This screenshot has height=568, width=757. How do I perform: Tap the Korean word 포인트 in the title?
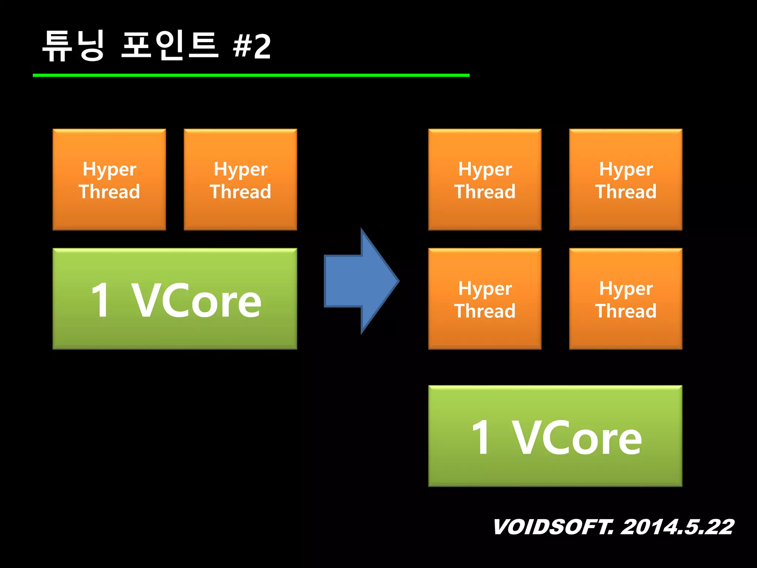170,46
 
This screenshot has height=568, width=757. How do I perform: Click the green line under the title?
251,75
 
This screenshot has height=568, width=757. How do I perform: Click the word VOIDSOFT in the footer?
553,527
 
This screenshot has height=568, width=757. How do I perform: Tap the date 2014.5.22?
677,527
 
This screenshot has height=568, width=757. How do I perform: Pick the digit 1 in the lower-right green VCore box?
481,438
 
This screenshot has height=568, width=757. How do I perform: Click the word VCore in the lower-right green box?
577,438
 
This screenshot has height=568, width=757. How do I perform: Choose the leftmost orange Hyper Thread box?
109,180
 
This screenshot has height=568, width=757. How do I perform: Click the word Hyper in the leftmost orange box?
109,169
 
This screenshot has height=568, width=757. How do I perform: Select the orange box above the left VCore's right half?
240,180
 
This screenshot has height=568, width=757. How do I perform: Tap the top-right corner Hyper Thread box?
625,180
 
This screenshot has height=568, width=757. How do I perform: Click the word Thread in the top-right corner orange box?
625,192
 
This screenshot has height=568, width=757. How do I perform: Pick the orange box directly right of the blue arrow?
485,299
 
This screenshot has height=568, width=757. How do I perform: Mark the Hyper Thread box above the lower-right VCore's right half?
625,299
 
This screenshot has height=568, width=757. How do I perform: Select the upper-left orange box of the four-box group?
485,180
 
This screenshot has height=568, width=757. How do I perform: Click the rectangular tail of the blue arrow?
342,281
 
